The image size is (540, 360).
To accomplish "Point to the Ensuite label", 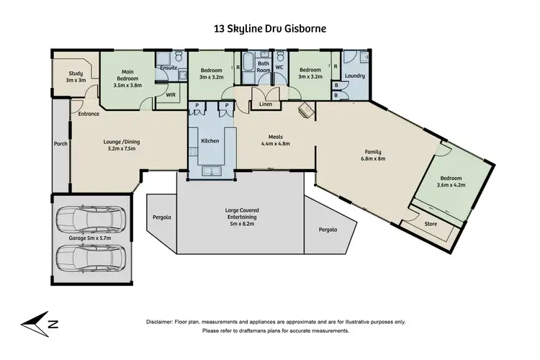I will click(x=168, y=68).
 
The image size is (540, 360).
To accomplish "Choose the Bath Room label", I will click(x=264, y=67).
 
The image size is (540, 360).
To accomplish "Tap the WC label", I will click(x=280, y=67).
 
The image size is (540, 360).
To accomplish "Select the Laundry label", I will click(x=355, y=76).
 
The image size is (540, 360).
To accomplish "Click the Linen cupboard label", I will click(x=266, y=105).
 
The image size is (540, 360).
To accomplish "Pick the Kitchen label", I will click(x=210, y=140).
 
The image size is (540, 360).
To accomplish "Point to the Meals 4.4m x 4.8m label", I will click(x=275, y=140).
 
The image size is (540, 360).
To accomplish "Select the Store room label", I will click(x=430, y=224).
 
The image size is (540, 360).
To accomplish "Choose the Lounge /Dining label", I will click(x=120, y=146).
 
